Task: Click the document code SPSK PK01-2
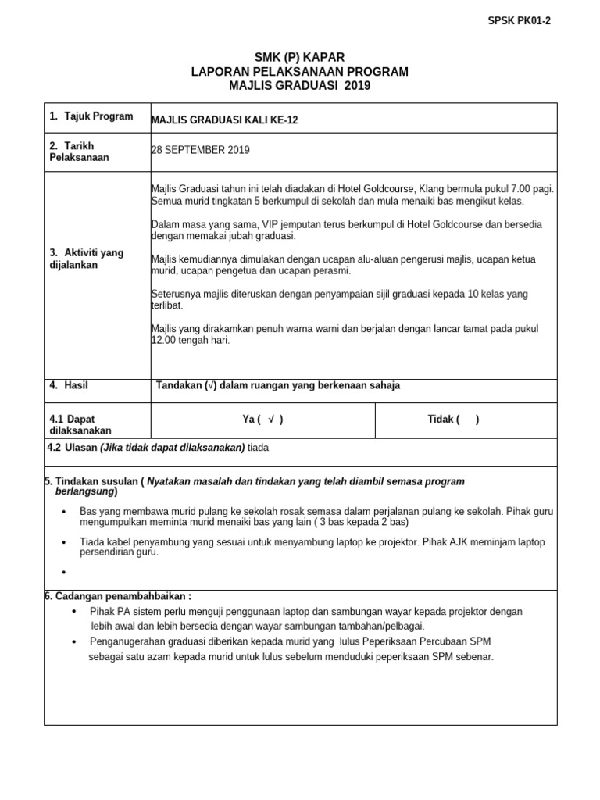(519, 21)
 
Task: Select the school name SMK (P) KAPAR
(299, 57)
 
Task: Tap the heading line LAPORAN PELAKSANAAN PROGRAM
(299, 71)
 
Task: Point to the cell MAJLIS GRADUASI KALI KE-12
(224, 120)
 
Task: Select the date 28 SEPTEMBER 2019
(200, 150)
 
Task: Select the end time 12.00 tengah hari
(190, 341)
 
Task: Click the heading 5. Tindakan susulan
(91, 481)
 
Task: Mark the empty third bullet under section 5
(62, 572)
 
